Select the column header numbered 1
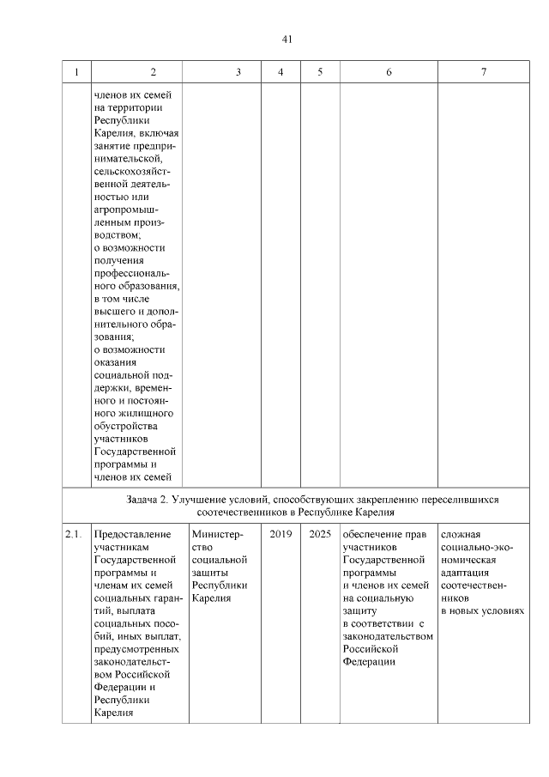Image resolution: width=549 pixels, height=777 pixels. click(x=76, y=73)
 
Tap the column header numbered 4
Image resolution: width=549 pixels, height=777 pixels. click(x=281, y=73)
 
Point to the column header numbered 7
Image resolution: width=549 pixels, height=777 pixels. click(x=483, y=73)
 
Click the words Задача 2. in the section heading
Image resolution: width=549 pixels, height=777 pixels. click(x=142, y=499)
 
